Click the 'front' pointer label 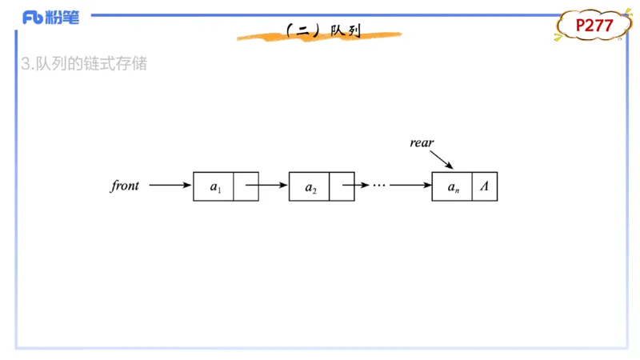pyautogui.click(x=125, y=186)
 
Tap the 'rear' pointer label pyautogui.click(x=422, y=142)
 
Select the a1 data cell pyautogui.click(x=214, y=186)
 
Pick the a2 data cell pyautogui.click(x=309, y=186)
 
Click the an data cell pyautogui.click(x=452, y=186)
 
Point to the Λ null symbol pyautogui.click(x=485, y=186)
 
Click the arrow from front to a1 pyautogui.click(x=170, y=186)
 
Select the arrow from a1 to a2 pyautogui.click(x=266, y=186)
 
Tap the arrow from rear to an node pyautogui.click(x=442, y=159)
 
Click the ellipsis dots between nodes pyautogui.click(x=379, y=186)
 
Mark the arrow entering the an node pyautogui.click(x=410, y=186)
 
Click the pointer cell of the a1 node pyautogui.click(x=246, y=186)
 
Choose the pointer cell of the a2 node pyautogui.click(x=342, y=186)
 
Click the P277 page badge pyautogui.click(x=594, y=26)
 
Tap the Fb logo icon pyautogui.click(x=33, y=18)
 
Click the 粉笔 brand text pyautogui.click(x=62, y=18)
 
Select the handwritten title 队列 pyautogui.click(x=346, y=30)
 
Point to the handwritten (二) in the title pyautogui.click(x=303, y=30)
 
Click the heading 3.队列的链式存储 pyautogui.click(x=84, y=64)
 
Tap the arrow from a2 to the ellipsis pyautogui.click(x=355, y=186)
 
